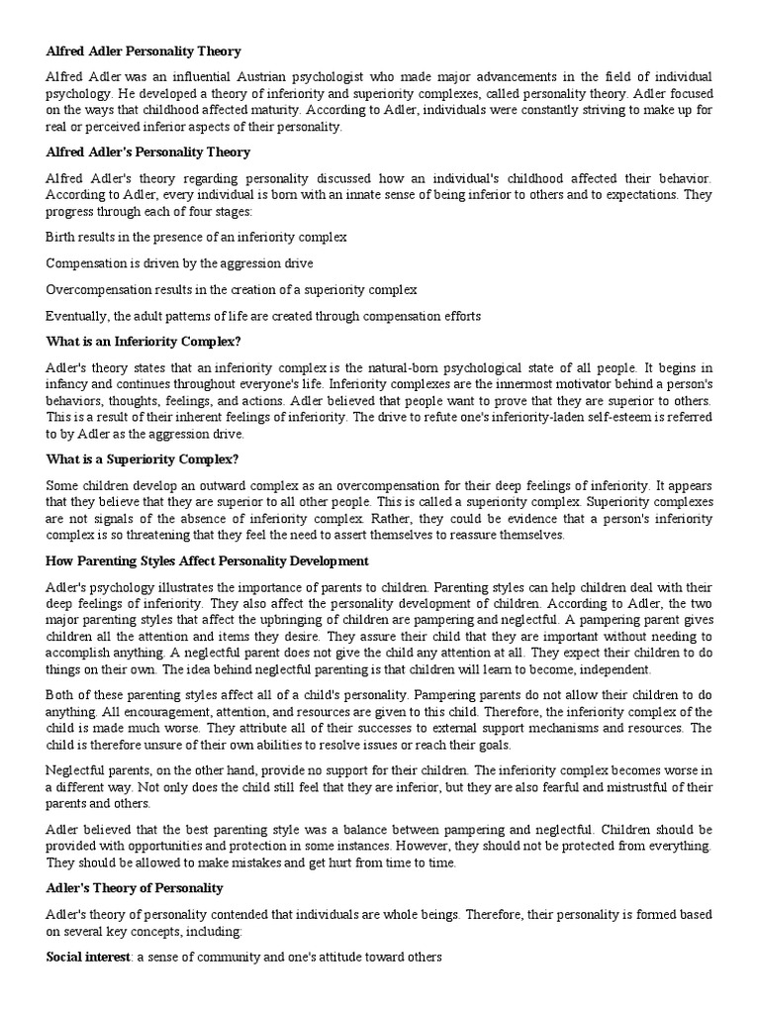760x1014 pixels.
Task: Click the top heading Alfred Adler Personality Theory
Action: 143,51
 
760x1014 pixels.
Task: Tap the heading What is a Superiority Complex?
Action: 142,458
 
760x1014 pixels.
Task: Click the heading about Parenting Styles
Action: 207,561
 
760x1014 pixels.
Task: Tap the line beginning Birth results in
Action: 195,237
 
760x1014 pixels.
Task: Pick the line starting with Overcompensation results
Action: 231,289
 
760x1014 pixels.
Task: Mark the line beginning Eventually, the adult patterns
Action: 262,316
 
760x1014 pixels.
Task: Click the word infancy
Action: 68,383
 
